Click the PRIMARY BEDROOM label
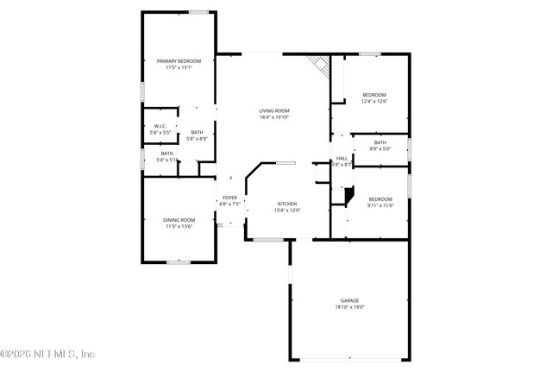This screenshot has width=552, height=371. (x=179, y=61)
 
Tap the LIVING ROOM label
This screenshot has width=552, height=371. (x=275, y=110)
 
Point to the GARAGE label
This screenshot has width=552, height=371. (x=349, y=300)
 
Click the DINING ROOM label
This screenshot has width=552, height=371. (x=179, y=220)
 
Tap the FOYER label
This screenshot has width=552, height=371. (x=229, y=198)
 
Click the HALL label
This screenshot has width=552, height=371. (x=342, y=158)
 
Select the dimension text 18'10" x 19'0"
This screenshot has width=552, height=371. (x=349, y=307)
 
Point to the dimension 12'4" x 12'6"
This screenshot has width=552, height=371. (x=374, y=101)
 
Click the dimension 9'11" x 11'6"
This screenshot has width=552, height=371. (x=380, y=205)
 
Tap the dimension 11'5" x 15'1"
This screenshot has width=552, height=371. (x=179, y=68)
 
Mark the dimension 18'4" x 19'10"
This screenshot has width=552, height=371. (x=275, y=117)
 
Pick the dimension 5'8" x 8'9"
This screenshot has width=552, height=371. (x=198, y=138)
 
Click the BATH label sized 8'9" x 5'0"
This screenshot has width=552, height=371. (x=380, y=142)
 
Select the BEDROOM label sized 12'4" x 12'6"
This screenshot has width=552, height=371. (x=374, y=94)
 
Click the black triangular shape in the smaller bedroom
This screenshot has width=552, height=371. (x=348, y=198)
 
